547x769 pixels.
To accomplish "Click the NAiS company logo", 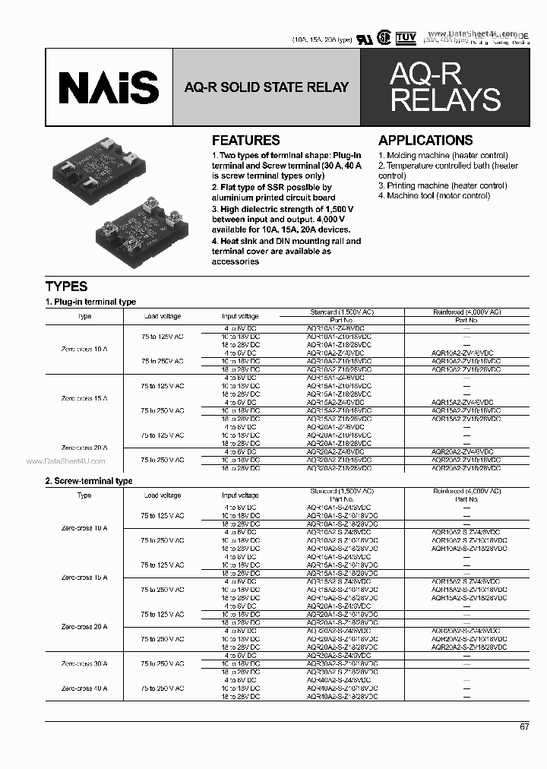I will [109, 87].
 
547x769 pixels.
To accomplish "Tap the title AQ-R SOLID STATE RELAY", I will [266, 87].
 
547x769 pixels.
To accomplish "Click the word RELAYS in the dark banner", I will [445, 100].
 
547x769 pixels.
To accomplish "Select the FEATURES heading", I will [245, 141].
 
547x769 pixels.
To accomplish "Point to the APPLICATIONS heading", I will [425, 141].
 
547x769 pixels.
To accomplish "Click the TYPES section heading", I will [67, 286].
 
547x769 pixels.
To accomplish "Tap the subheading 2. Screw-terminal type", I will [89, 481].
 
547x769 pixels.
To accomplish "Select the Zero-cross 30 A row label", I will [84, 663].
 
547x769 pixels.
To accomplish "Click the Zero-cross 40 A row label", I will [84, 688].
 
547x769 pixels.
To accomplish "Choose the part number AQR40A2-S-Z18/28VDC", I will [342, 697].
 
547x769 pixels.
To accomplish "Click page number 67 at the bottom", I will [524, 727].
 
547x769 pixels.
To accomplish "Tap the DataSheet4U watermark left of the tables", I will [66, 461].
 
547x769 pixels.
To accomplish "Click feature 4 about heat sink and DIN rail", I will [286, 251].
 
